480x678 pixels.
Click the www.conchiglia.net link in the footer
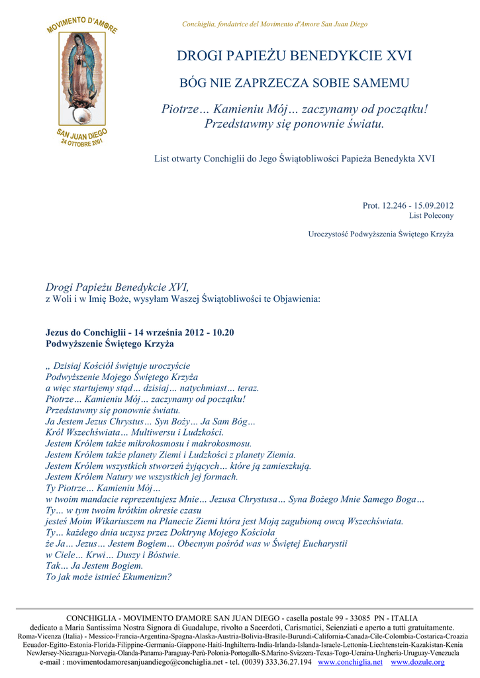click(x=350, y=662)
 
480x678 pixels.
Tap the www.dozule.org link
click(x=417, y=662)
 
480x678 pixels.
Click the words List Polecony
click(x=431, y=216)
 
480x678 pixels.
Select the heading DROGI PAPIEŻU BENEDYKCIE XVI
click(x=295, y=56)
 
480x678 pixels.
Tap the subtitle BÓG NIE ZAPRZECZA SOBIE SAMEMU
click(x=295, y=83)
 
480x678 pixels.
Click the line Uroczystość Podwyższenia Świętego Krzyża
click(x=381, y=234)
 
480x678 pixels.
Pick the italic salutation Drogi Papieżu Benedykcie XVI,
click(x=117, y=287)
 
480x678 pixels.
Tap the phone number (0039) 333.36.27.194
click(x=269, y=662)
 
